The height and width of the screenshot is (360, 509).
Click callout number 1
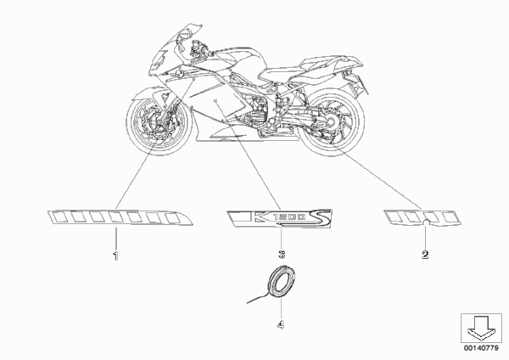115,256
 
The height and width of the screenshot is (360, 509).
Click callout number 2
425,255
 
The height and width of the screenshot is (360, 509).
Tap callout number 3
282,254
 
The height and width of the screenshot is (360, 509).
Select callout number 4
281,324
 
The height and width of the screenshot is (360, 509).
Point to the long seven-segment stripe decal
120,217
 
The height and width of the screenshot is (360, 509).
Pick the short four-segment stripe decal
422,217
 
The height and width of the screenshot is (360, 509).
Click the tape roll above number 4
281,282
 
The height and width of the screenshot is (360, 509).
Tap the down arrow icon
481,327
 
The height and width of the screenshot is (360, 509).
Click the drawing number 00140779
481,348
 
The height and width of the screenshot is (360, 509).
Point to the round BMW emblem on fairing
179,74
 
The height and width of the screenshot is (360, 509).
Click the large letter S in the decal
321,217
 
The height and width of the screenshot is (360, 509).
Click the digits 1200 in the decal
289,217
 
